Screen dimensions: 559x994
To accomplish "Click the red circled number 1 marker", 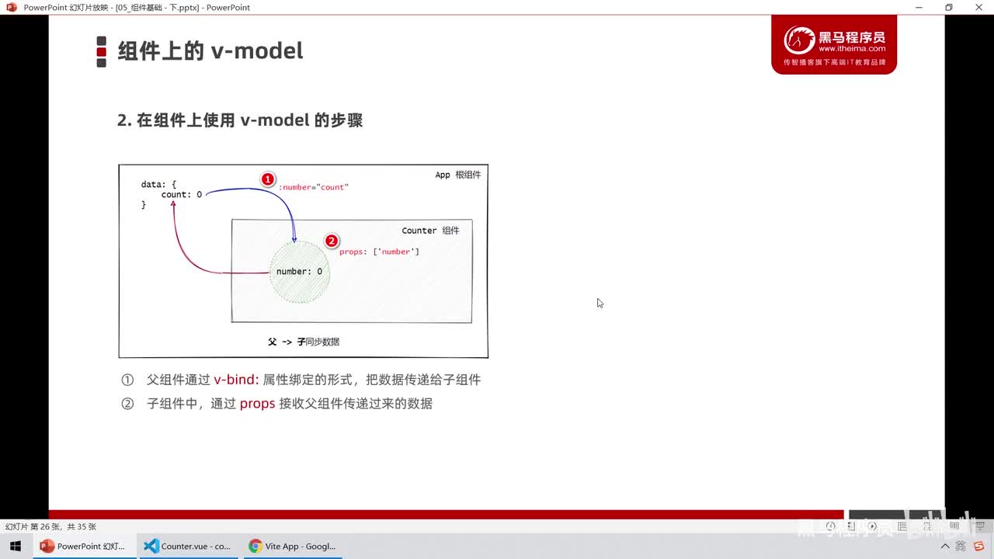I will tap(267, 179).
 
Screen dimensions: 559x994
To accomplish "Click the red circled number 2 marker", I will tap(332, 241).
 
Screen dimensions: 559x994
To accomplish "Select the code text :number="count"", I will tap(315, 187).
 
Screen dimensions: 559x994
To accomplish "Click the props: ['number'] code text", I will tap(380, 252).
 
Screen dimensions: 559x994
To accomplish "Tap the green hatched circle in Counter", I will tap(300, 288).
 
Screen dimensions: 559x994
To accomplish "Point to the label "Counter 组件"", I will tap(430, 231).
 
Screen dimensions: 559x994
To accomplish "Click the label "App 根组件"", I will tap(457, 175).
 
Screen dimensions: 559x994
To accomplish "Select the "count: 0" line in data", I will tap(181, 194).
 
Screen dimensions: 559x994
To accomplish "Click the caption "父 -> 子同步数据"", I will tap(303, 342).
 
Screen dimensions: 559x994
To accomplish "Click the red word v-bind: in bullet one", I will tap(236, 380).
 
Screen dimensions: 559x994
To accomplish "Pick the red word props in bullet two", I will tap(257, 404).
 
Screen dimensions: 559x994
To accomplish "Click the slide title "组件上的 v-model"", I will tap(210, 51).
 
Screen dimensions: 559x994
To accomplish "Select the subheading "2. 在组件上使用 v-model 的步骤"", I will tap(240, 120).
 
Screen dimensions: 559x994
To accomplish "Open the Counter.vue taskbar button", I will tap(187, 546).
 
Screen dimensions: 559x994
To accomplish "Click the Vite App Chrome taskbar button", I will tap(291, 546).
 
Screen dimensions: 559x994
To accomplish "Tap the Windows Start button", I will tap(16, 546).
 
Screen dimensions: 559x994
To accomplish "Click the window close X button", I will tap(979, 7).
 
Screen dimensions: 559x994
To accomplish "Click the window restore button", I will tap(948, 7).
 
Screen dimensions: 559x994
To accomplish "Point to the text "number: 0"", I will tap(299, 272).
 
